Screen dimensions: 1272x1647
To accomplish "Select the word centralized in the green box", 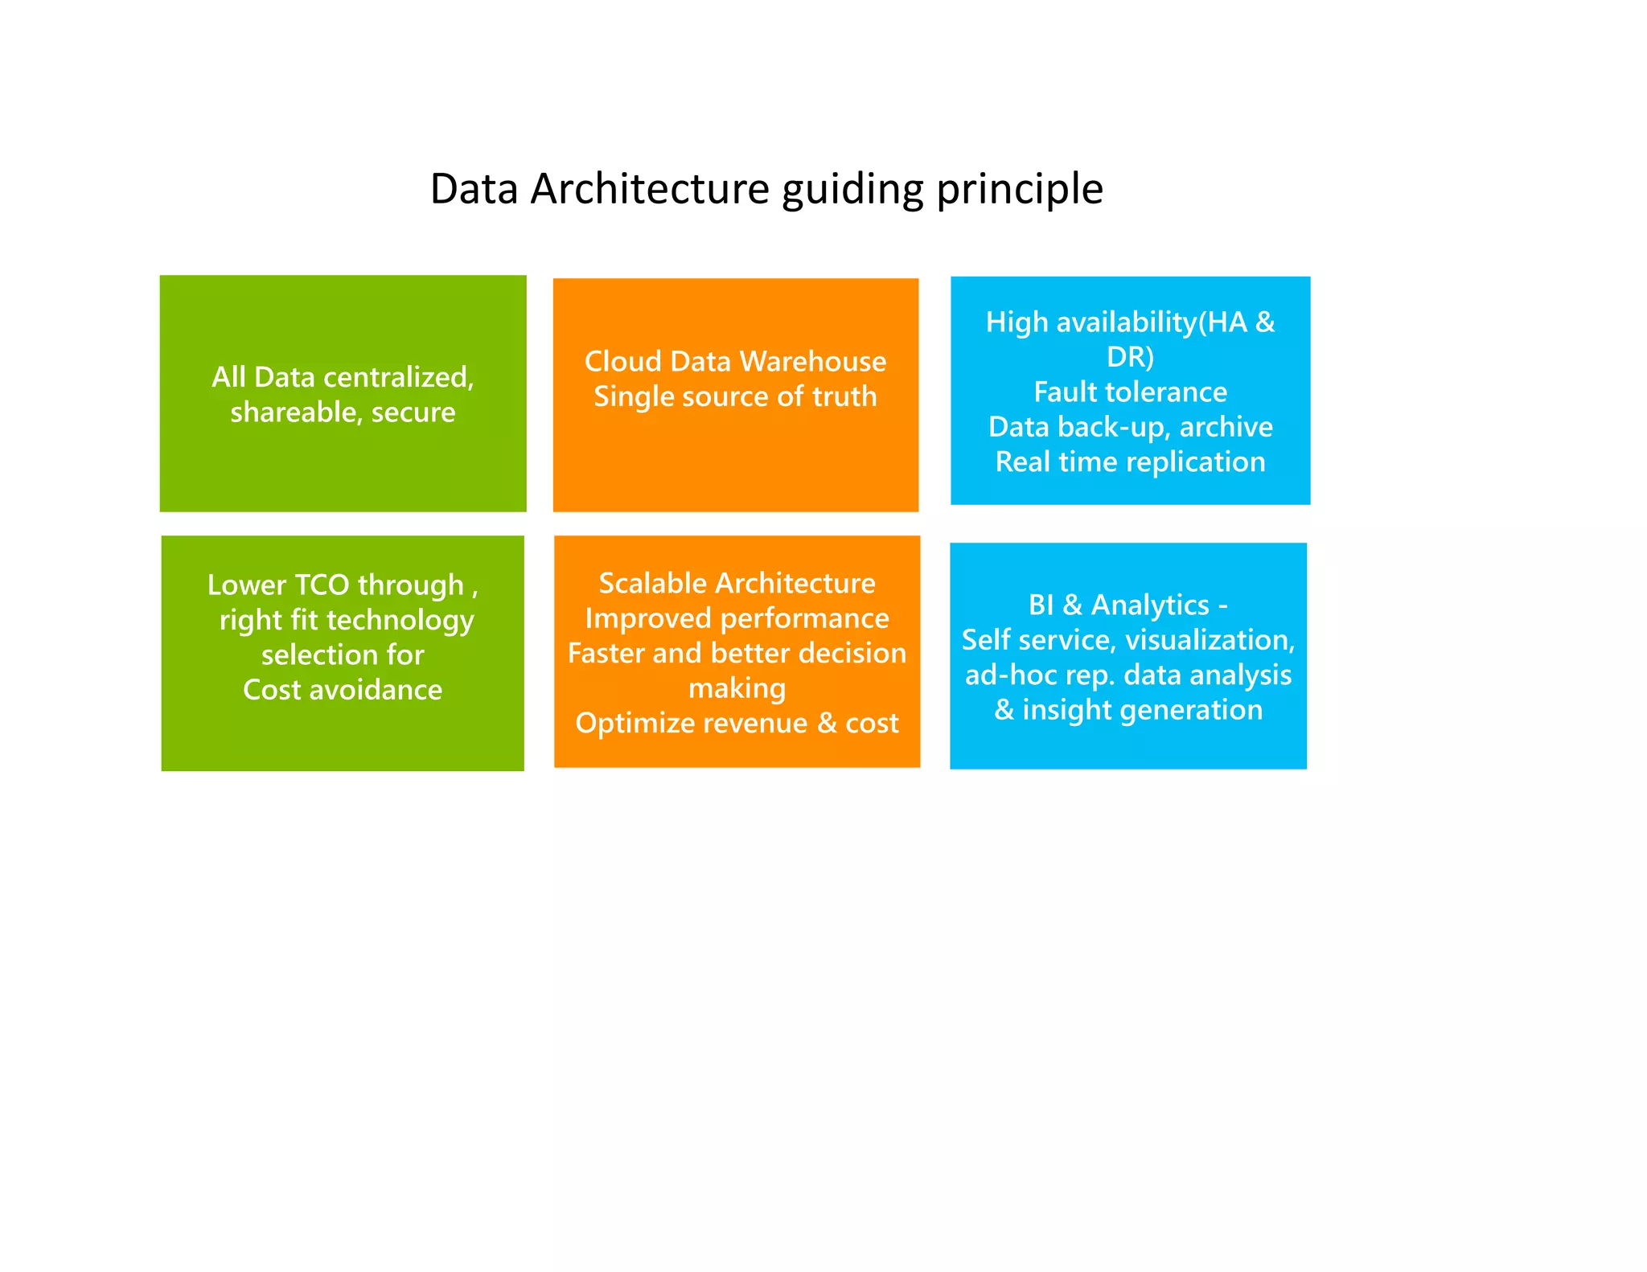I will point(397,377).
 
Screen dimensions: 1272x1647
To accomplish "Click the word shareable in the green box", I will point(294,412).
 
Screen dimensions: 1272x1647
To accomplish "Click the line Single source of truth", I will point(735,396).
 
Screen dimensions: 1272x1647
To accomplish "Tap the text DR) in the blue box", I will point(1130,357).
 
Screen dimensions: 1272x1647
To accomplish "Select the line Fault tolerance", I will point(1130,392).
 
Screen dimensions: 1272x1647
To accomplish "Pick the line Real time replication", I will point(1130,462).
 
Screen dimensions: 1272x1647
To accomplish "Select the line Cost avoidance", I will point(343,690).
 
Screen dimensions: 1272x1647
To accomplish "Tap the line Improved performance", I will point(737,618).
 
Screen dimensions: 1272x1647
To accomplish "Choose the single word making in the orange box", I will point(737,689).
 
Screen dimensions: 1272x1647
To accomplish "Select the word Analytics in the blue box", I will point(1150,605).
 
